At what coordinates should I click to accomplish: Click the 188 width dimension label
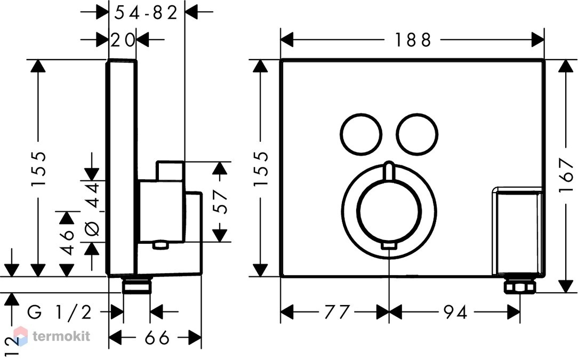click(x=413, y=40)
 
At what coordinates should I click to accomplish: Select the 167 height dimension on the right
click(x=566, y=175)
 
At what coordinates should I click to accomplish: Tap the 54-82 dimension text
click(x=146, y=13)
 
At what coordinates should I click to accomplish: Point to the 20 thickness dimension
click(x=123, y=40)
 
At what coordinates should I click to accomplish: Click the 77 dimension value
click(x=336, y=313)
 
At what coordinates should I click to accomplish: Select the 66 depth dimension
click(x=157, y=337)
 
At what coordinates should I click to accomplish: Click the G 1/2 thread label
click(x=59, y=313)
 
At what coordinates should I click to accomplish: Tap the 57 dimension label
click(x=221, y=202)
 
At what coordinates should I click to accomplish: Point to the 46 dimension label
click(x=67, y=242)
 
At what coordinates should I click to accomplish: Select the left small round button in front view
click(x=361, y=133)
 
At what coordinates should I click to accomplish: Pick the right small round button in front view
click(x=418, y=133)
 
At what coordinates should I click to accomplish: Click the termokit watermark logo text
click(x=61, y=336)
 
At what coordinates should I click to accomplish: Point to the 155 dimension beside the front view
click(x=261, y=168)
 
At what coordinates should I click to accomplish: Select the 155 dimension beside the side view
click(x=38, y=168)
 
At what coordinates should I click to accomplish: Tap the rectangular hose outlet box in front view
click(x=518, y=231)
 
